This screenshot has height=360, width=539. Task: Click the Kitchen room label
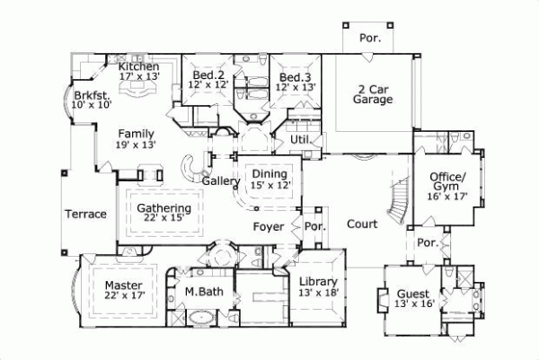coord(139,67)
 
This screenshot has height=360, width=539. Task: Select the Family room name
coord(136,133)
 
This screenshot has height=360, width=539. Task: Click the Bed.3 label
coord(295,78)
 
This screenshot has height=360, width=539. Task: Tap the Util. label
coord(300,140)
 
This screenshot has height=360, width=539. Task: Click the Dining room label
coord(269,173)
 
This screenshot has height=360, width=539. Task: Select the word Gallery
coord(220,181)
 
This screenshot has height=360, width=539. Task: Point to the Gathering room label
coord(164,208)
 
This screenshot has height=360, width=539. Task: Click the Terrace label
coord(86,215)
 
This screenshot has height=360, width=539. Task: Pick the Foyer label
coord(268,226)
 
